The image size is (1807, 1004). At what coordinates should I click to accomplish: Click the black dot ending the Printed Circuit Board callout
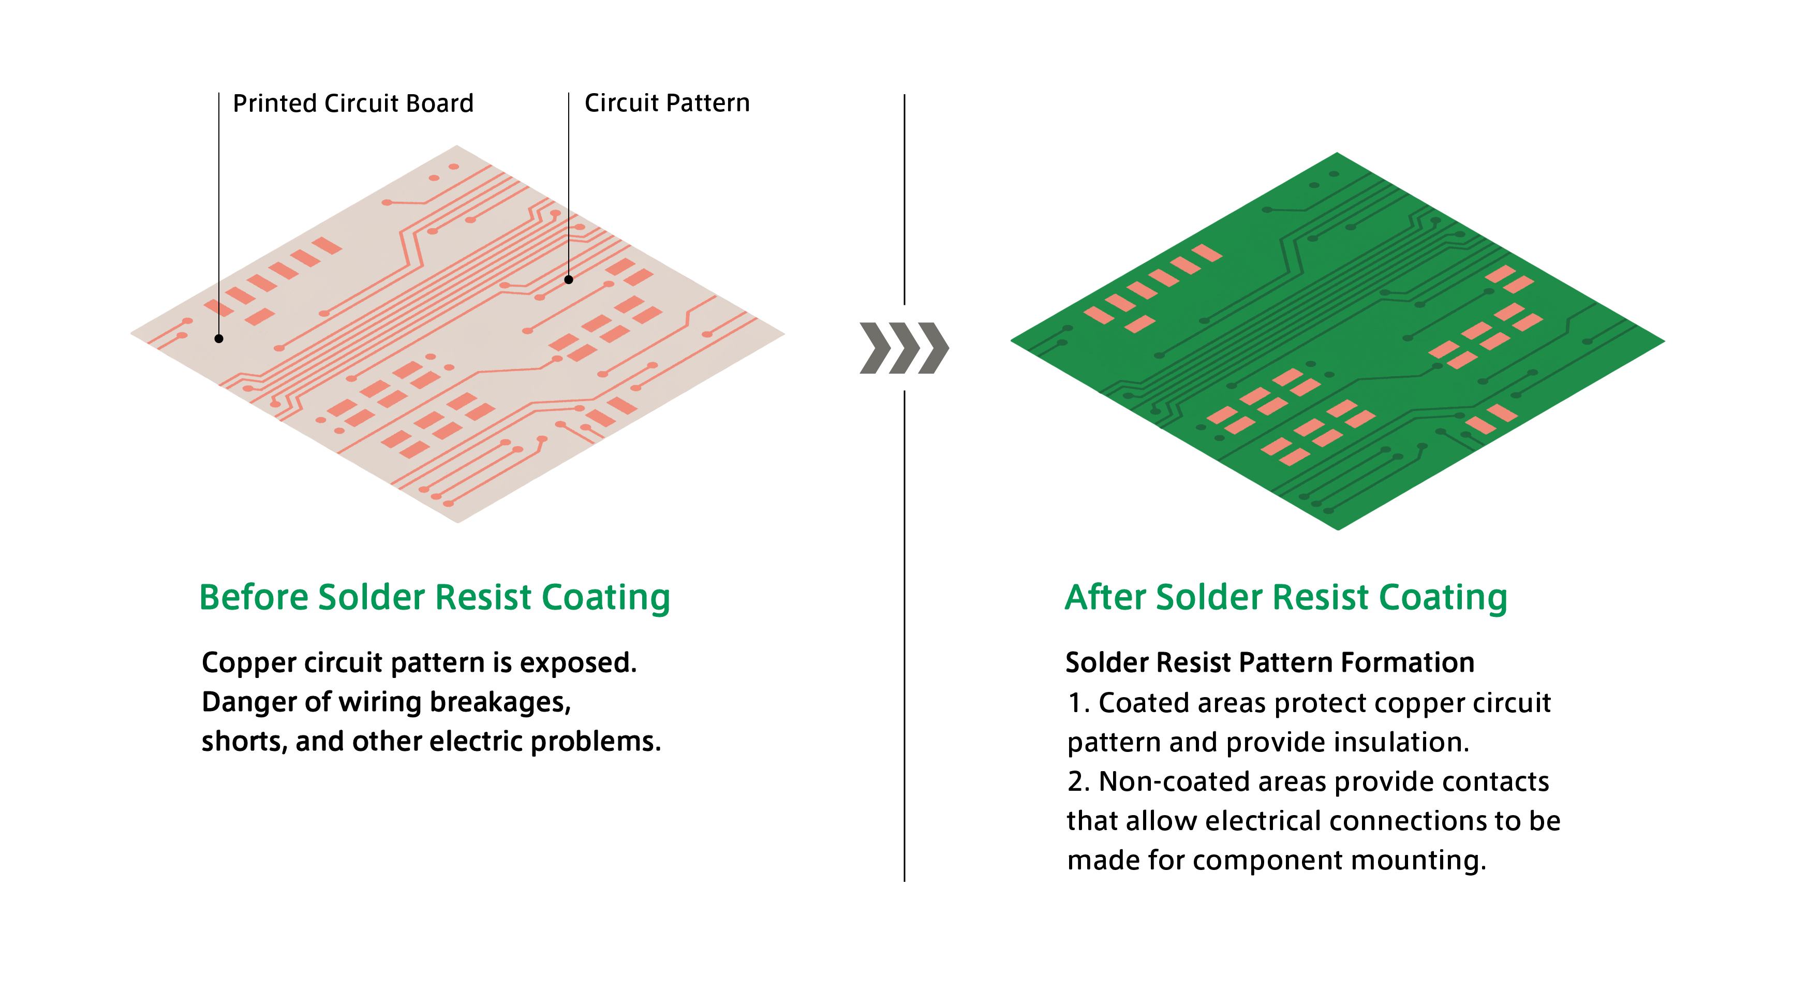(x=219, y=339)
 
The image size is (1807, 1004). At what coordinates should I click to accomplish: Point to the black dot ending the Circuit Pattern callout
(x=569, y=280)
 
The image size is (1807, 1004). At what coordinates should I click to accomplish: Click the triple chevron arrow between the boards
(x=904, y=348)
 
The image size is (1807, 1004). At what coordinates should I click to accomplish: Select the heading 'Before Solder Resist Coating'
(x=434, y=598)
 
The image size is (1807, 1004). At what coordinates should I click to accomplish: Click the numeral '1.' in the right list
(x=1078, y=703)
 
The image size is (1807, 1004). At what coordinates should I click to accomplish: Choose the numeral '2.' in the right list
(x=1079, y=781)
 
